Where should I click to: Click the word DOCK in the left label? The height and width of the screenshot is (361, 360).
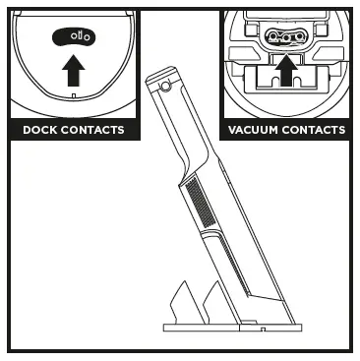click(39, 131)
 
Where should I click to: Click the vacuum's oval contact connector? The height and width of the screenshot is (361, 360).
click(286, 38)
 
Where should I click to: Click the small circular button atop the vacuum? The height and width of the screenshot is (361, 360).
click(163, 88)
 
